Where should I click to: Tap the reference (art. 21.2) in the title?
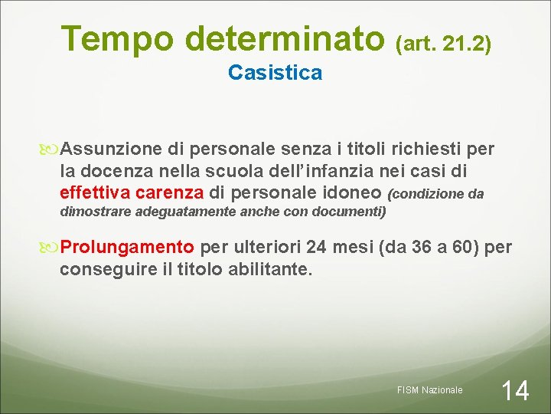pos(443,44)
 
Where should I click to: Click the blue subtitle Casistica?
pos(275,73)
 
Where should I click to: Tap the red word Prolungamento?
pos(127,248)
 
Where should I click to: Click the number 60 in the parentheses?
pos(455,248)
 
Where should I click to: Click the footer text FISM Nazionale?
pos(430,390)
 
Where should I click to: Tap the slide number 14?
pos(515,391)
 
